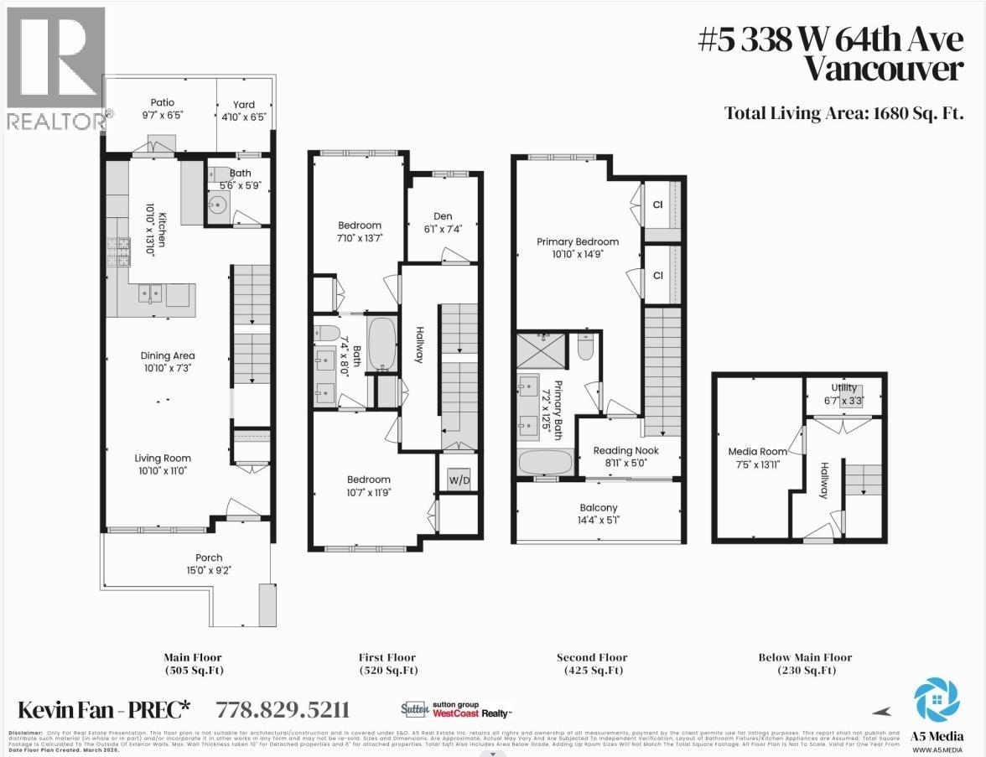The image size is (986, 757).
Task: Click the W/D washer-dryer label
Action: (x=458, y=480)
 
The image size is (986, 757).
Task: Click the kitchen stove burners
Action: (x=117, y=250)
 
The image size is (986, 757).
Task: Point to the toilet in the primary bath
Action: (x=586, y=346)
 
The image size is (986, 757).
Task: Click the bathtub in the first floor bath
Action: (x=381, y=344)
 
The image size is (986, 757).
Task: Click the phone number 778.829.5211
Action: (x=283, y=710)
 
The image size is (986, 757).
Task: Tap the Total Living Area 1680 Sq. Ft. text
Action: (x=843, y=113)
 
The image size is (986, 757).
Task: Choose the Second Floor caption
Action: (x=592, y=657)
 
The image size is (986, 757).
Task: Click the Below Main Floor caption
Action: (x=805, y=657)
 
